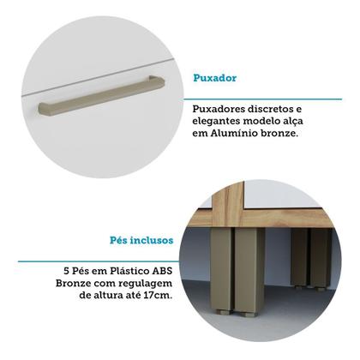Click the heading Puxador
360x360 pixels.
(216, 78)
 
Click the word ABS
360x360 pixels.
(164, 268)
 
